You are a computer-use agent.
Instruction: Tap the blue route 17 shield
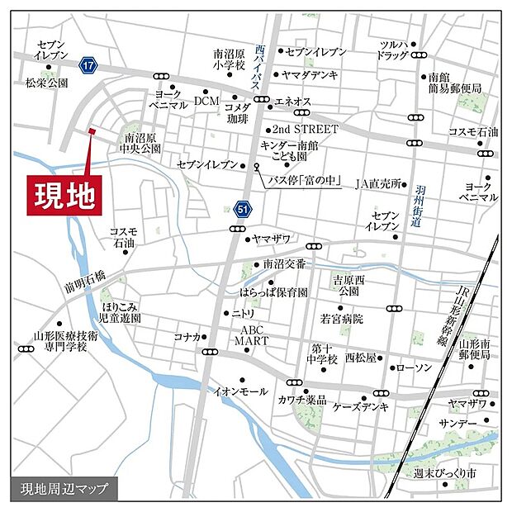88,64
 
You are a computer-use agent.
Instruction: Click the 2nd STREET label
306,130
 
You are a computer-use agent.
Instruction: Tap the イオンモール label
240,391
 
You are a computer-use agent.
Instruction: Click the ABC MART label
245,334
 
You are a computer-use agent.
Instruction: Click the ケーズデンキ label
360,407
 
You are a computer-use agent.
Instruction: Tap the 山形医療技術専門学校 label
65,343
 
